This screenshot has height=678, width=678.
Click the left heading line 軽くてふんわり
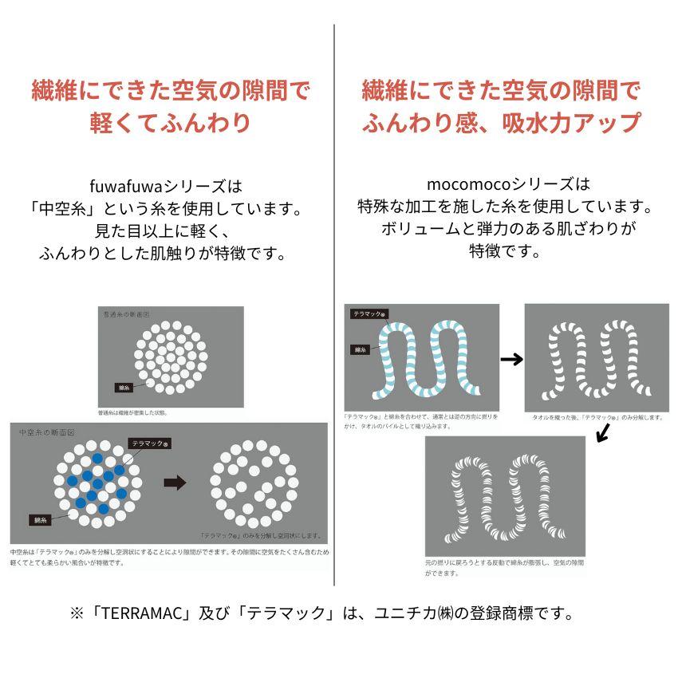[169, 123]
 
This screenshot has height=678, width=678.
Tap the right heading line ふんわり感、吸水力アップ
[501, 123]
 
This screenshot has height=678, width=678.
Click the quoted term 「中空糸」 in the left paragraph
[57, 210]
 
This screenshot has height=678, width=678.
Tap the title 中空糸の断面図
[46, 432]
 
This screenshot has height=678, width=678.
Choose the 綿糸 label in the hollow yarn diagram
[41, 520]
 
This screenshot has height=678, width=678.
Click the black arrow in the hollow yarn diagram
[174, 483]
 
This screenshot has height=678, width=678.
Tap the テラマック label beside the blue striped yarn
[370, 314]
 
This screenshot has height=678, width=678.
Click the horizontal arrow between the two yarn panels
[511, 360]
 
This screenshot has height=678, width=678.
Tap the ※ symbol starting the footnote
[77, 613]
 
